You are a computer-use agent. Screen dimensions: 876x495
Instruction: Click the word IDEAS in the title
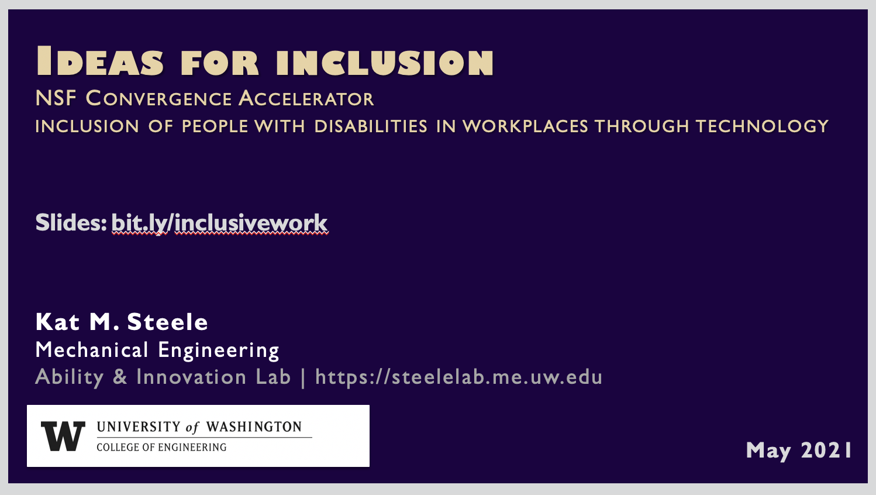(x=100, y=61)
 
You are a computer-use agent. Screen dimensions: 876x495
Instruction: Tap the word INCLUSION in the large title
(x=385, y=62)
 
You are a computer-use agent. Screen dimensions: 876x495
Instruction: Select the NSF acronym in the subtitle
(x=56, y=98)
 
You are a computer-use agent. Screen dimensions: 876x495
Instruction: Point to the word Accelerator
(x=306, y=98)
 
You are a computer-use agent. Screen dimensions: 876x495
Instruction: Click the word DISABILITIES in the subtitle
(x=371, y=126)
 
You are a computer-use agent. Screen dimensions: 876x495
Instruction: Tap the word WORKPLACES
(x=525, y=126)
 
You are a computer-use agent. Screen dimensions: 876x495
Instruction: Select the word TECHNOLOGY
(x=762, y=126)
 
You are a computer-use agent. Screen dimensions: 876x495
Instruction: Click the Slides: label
(x=71, y=223)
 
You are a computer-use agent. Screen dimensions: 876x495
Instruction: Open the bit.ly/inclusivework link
(x=220, y=224)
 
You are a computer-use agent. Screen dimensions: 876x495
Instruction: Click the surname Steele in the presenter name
(x=167, y=322)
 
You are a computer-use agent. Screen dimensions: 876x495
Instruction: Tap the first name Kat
(x=58, y=322)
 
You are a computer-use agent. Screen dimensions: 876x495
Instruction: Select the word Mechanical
(x=92, y=349)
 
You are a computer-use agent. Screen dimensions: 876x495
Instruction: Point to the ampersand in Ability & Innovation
(x=120, y=377)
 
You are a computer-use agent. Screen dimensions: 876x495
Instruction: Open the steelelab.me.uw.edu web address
(x=458, y=377)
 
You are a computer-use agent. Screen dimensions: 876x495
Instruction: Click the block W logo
(x=63, y=436)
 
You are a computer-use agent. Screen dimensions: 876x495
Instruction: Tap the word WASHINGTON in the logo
(x=254, y=427)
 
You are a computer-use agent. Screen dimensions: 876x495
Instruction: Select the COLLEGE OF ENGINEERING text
(x=161, y=447)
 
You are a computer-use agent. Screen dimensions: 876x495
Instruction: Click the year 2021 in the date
(x=826, y=450)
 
